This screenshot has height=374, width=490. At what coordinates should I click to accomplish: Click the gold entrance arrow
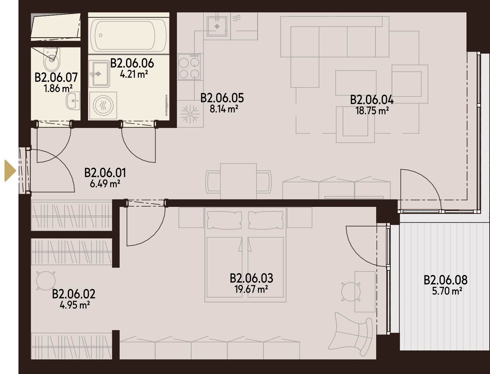[10, 171]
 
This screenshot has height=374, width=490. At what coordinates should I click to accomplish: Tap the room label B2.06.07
[56, 77]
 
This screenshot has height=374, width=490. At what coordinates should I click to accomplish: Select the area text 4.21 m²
[134, 74]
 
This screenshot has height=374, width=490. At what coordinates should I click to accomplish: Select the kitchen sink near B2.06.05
[217, 26]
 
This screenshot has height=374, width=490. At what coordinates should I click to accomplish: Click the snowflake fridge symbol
[190, 114]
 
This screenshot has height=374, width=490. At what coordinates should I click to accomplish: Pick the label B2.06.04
[372, 100]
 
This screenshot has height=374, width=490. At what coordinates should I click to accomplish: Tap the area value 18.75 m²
[372, 111]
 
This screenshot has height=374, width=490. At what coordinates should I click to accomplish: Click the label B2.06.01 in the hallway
[105, 173]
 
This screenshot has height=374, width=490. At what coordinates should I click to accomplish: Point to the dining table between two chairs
[238, 181]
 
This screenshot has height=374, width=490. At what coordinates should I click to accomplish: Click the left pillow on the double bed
[225, 220]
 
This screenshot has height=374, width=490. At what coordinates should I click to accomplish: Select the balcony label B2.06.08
[445, 280]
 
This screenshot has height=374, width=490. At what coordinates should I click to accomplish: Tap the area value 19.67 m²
[251, 289]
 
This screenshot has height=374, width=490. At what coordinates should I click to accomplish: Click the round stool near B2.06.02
[46, 281]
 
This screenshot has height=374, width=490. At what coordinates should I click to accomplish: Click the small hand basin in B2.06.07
[73, 101]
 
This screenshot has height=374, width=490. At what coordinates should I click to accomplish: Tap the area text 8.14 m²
[224, 109]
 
